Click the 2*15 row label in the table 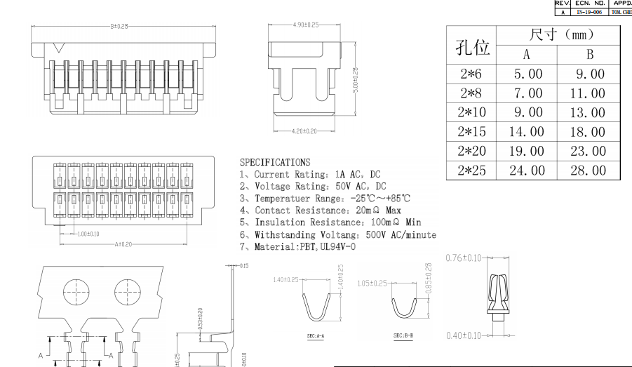[x=471, y=131]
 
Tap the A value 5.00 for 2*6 [x=527, y=74]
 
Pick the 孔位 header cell [x=471, y=46]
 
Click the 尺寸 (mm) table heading [x=556, y=34]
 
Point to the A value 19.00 [x=527, y=151]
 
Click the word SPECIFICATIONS [x=274, y=163]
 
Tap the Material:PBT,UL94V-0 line [x=297, y=246]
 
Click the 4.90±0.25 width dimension [x=305, y=25]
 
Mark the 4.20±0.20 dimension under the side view [x=304, y=131]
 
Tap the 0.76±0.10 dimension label [x=464, y=258]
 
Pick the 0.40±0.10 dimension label [x=464, y=335]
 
